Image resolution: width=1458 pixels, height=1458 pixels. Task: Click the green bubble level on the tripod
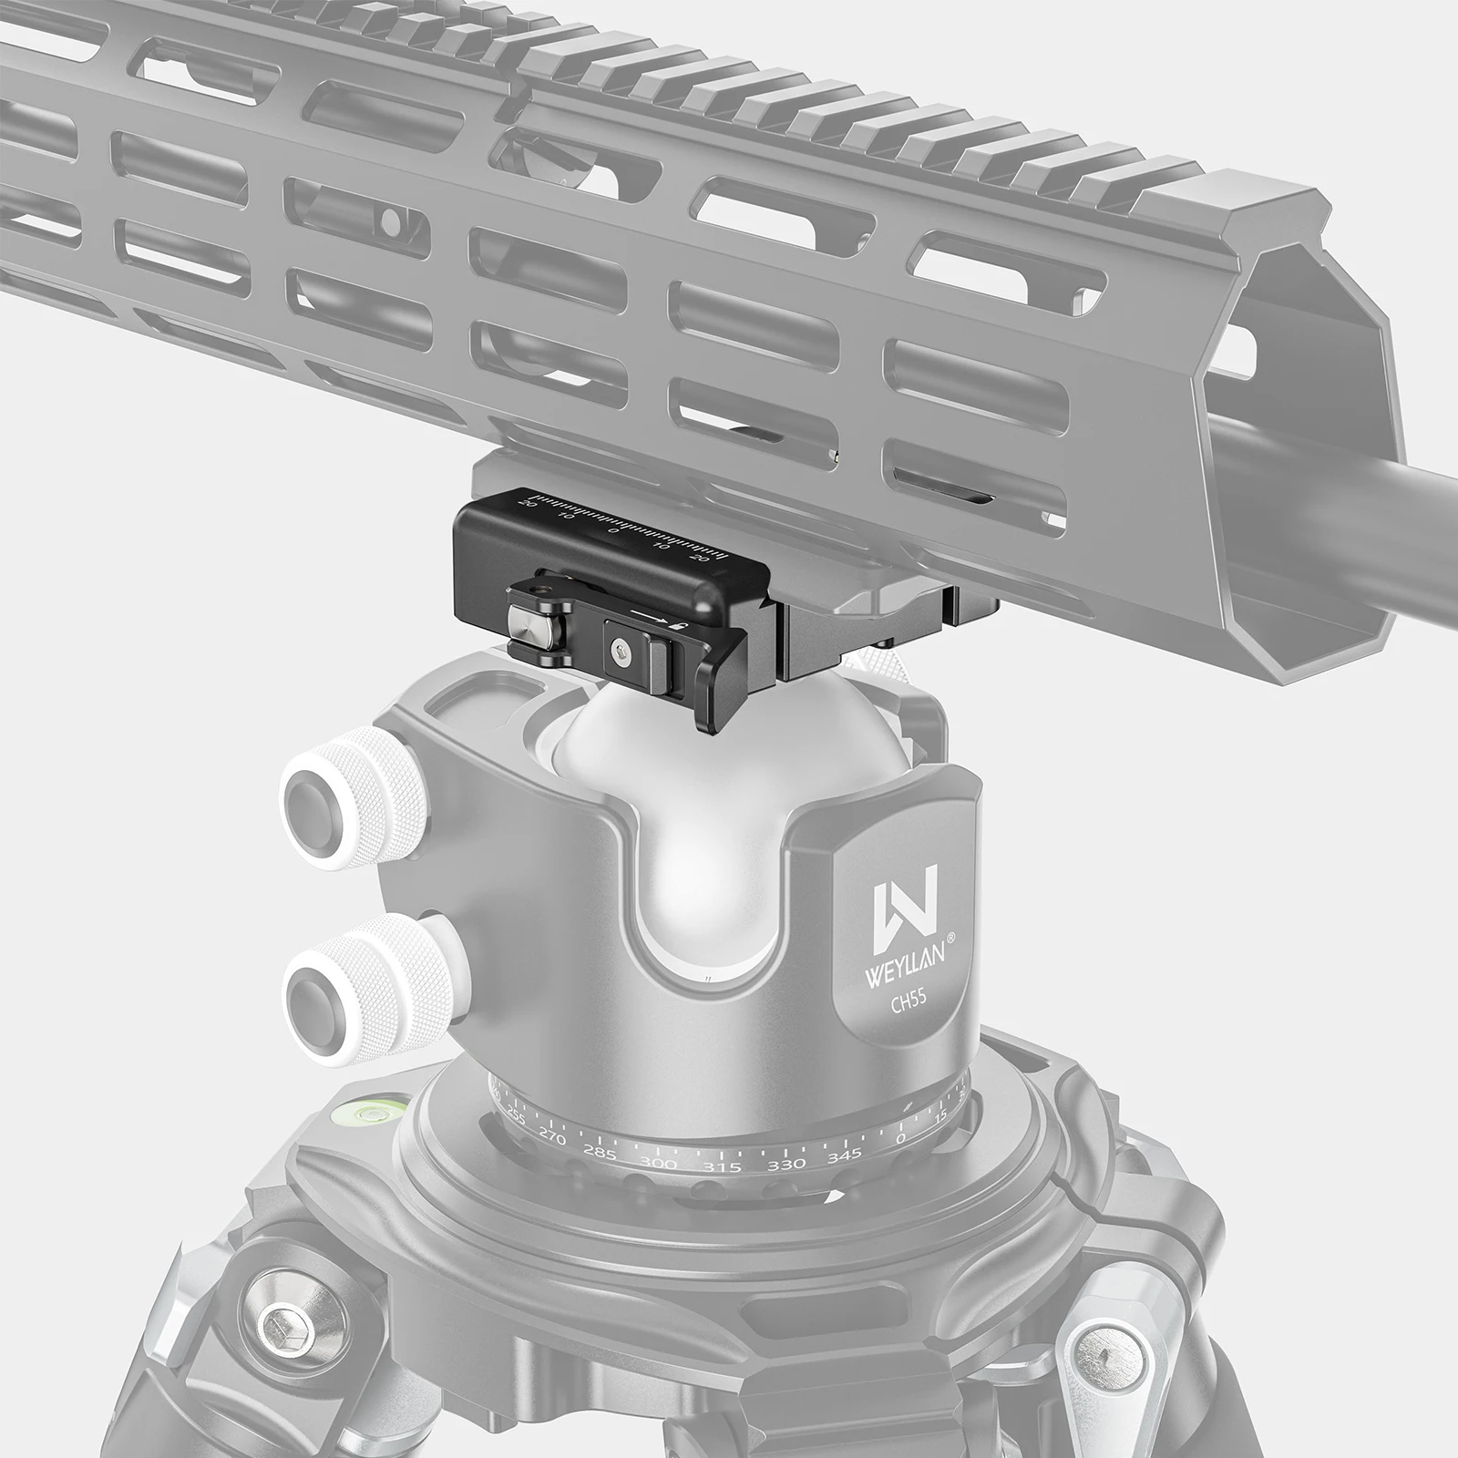tap(375, 1113)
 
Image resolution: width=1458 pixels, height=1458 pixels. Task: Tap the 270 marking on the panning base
tap(552, 1140)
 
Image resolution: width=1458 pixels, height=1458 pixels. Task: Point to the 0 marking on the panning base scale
tap(901, 1139)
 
